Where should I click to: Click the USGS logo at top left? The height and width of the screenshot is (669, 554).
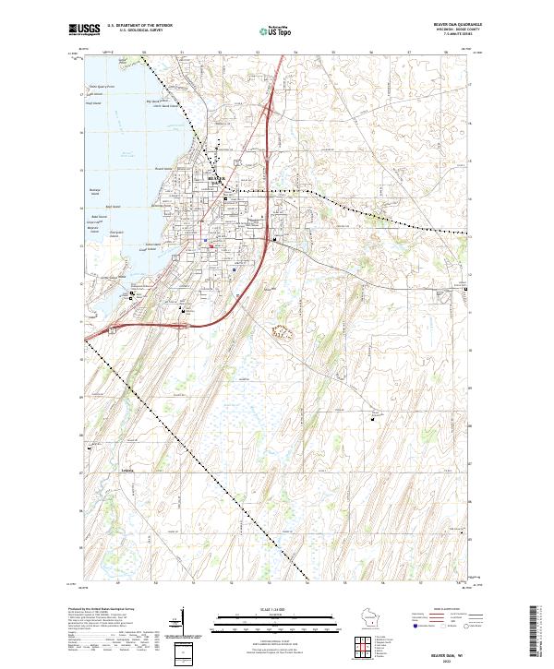tap(84, 30)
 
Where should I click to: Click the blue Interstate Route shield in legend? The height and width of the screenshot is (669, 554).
tap(413, 625)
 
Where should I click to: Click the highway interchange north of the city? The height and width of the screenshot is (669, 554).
tap(268, 112)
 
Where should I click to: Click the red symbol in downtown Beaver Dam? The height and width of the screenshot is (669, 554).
tap(211, 245)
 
